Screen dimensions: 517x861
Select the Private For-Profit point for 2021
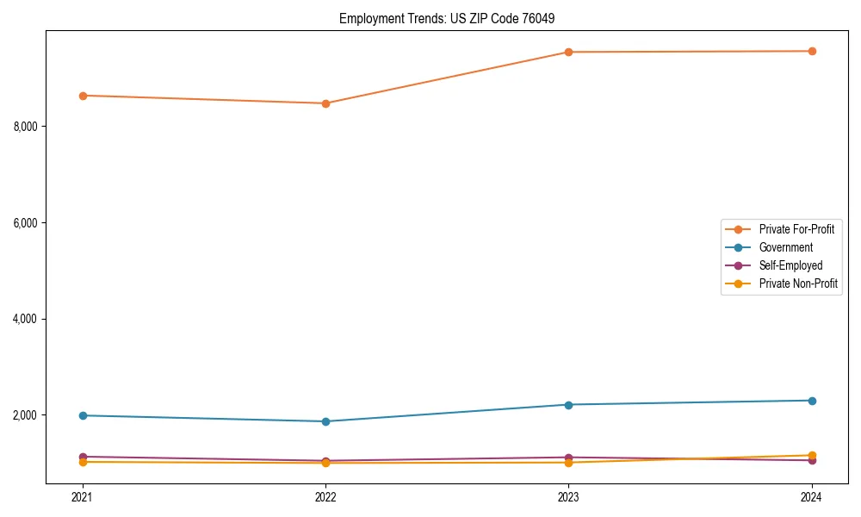83,96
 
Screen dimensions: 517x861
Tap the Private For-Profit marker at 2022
325,103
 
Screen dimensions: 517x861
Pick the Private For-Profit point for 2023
568,52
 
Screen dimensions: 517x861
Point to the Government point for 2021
83,415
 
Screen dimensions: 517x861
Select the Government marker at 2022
325,421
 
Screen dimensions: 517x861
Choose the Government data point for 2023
568,405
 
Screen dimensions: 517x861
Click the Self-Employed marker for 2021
83,457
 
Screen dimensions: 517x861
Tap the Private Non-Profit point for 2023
568,463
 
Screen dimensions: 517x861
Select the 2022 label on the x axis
325,497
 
